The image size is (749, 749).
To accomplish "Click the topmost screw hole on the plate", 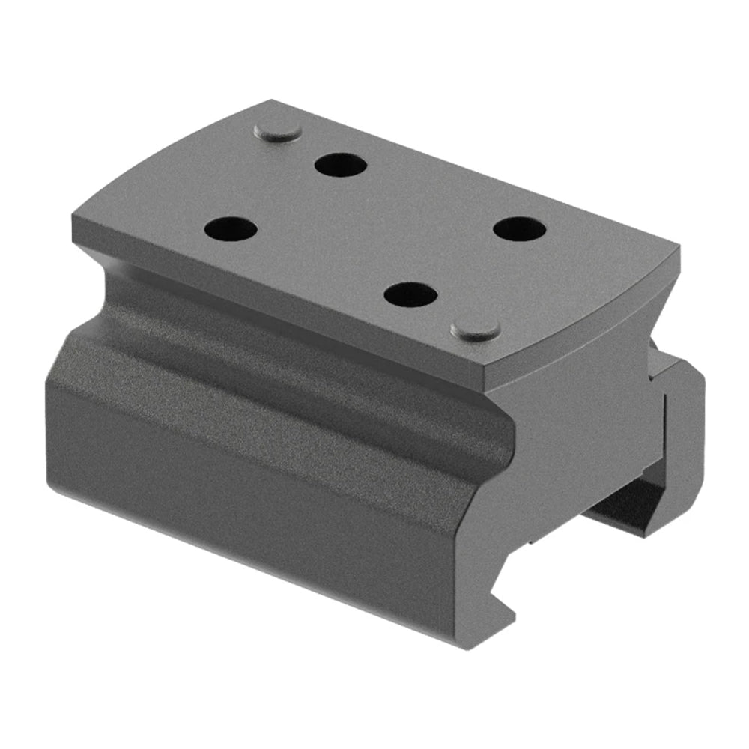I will [x=340, y=164].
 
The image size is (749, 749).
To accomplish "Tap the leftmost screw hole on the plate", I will [x=230, y=228].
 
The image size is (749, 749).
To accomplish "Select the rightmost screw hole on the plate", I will [x=519, y=228].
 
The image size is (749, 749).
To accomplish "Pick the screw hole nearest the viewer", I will [x=410, y=294].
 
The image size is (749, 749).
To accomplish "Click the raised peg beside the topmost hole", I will [x=278, y=132].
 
